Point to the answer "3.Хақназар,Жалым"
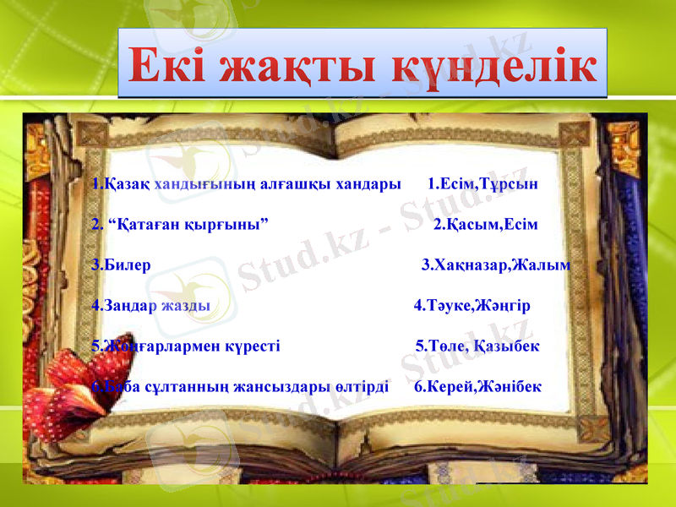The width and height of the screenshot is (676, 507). (x=495, y=265)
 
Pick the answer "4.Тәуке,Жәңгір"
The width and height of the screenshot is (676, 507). (x=472, y=306)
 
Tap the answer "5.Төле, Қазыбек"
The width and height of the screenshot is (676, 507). (x=477, y=346)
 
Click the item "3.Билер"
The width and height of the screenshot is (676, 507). (x=122, y=265)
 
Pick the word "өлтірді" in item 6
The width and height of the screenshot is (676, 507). (x=362, y=387)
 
